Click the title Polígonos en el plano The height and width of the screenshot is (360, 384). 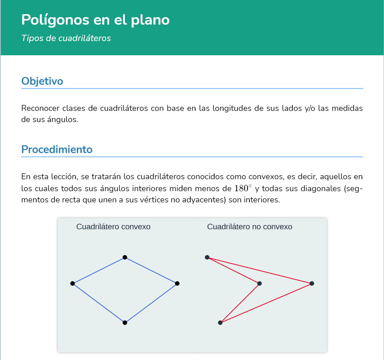(x=95, y=20)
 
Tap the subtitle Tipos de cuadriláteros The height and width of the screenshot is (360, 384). (x=66, y=38)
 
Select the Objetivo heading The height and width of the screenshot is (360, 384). (x=42, y=81)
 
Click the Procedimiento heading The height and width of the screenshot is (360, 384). (x=57, y=149)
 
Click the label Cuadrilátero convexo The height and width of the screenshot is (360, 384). (x=113, y=227)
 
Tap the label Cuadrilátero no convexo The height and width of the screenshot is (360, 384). (x=249, y=227)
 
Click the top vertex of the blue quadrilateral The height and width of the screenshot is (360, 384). (x=125, y=257)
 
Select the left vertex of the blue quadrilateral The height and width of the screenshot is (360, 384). (x=73, y=283)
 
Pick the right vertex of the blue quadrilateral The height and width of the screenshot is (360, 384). (x=177, y=283)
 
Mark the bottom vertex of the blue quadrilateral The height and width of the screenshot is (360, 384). (x=125, y=323)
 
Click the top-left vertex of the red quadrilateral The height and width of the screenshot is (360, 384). (x=207, y=257)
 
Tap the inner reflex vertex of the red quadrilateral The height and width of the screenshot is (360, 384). (x=259, y=283)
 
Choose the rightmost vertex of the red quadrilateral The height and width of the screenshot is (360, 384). (x=312, y=283)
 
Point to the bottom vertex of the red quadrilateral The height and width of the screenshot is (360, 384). (x=220, y=323)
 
